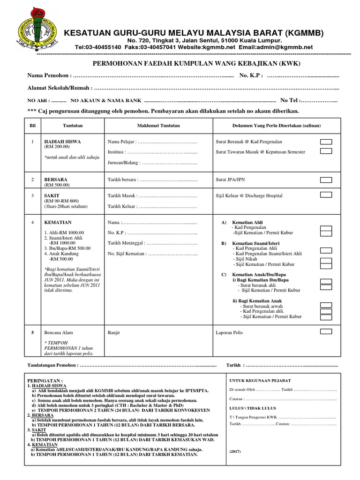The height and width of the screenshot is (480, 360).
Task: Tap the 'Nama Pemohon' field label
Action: (49, 75)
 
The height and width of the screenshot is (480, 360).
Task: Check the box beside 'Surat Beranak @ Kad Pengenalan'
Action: (326, 142)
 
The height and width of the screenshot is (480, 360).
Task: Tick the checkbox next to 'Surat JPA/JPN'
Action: (326, 180)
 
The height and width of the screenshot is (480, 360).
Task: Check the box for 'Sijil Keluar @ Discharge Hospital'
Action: (326, 195)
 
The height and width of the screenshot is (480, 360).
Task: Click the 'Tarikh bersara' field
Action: (152, 180)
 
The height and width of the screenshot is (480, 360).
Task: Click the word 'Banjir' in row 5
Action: (114, 332)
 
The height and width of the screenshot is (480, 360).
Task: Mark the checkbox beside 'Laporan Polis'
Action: (326, 332)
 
